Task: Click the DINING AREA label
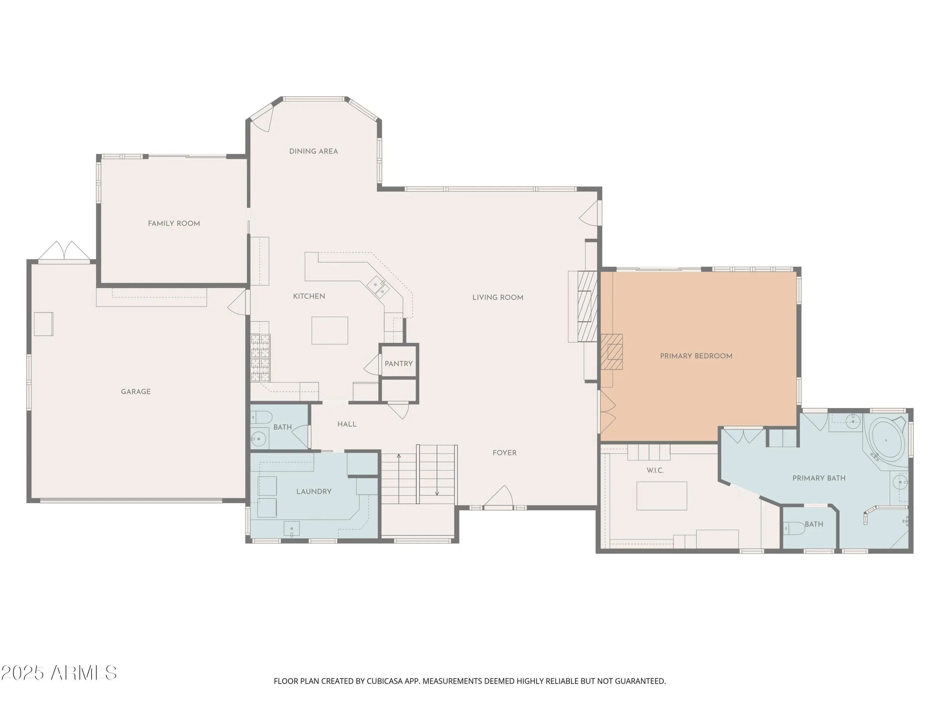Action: click(313, 151)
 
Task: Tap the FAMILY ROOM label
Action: click(174, 223)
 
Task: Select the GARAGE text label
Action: click(136, 392)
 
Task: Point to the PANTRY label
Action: click(399, 364)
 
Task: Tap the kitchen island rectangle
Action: click(330, 330)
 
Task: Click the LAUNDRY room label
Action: click(314, 492)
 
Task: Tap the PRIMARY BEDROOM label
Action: click(696, 356)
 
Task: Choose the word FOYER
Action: click(504, 453)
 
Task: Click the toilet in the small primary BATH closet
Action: click(794, 528)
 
